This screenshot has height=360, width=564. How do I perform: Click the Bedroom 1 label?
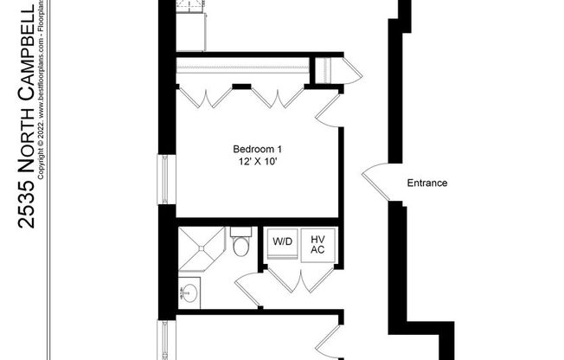click(x=257, y=148)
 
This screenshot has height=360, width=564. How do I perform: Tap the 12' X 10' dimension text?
click(x=257, y=162)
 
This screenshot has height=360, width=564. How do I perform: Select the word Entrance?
click(x=426, y=183)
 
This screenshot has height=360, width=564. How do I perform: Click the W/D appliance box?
click(x=282, y=241)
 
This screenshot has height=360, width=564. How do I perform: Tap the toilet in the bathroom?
click(x=241, y=244)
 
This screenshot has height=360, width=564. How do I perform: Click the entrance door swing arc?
click(x=375, y=180)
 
